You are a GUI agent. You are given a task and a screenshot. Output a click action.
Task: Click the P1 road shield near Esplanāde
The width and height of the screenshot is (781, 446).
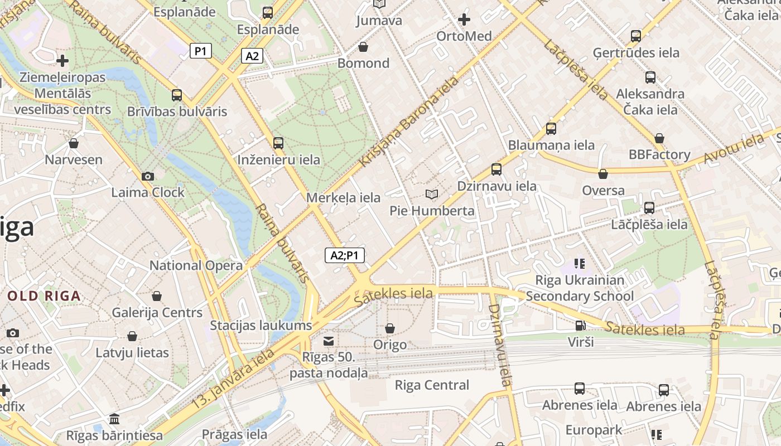pos(201,51)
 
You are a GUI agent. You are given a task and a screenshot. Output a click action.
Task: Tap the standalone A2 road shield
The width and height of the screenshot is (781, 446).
pos(252,56)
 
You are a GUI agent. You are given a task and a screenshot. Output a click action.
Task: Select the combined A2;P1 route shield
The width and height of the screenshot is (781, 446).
pos(344,255)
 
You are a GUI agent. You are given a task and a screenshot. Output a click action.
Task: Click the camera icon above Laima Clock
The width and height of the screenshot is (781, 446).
pos(148,176)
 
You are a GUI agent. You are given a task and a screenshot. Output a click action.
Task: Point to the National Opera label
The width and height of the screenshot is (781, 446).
pos(196,265)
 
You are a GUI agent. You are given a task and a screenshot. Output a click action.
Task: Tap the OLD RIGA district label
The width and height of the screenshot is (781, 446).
pos(44,296)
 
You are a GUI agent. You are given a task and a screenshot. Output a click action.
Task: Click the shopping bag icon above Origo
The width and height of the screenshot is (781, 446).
pos(390,328)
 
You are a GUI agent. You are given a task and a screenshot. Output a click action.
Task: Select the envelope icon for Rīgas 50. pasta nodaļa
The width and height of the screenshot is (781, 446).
pos(329,341)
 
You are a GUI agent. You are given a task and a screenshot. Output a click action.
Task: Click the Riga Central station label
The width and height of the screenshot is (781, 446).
pos(432,385)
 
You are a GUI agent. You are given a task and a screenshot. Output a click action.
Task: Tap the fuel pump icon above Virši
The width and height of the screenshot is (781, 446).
pos(581,326)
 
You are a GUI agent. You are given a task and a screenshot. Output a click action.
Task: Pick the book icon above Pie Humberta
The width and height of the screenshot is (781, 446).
pos(432,194)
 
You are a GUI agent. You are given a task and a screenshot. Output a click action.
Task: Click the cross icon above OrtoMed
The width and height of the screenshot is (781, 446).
pos(464,20)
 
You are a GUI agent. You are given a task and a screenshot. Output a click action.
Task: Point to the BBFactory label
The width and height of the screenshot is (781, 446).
pos(659,154)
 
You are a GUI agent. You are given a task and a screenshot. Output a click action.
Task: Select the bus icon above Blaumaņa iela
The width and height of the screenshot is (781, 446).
pos(551,129)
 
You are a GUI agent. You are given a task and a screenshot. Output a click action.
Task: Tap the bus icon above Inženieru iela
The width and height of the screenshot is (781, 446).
pos(278,143)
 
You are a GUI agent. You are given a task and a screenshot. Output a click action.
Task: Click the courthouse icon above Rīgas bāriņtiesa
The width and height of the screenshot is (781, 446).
pos(114,419)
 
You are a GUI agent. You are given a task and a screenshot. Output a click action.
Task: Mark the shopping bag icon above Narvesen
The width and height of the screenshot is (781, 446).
pos(74,144)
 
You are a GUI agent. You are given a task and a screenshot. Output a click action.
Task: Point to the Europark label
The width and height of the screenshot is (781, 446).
pos(594,430)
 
